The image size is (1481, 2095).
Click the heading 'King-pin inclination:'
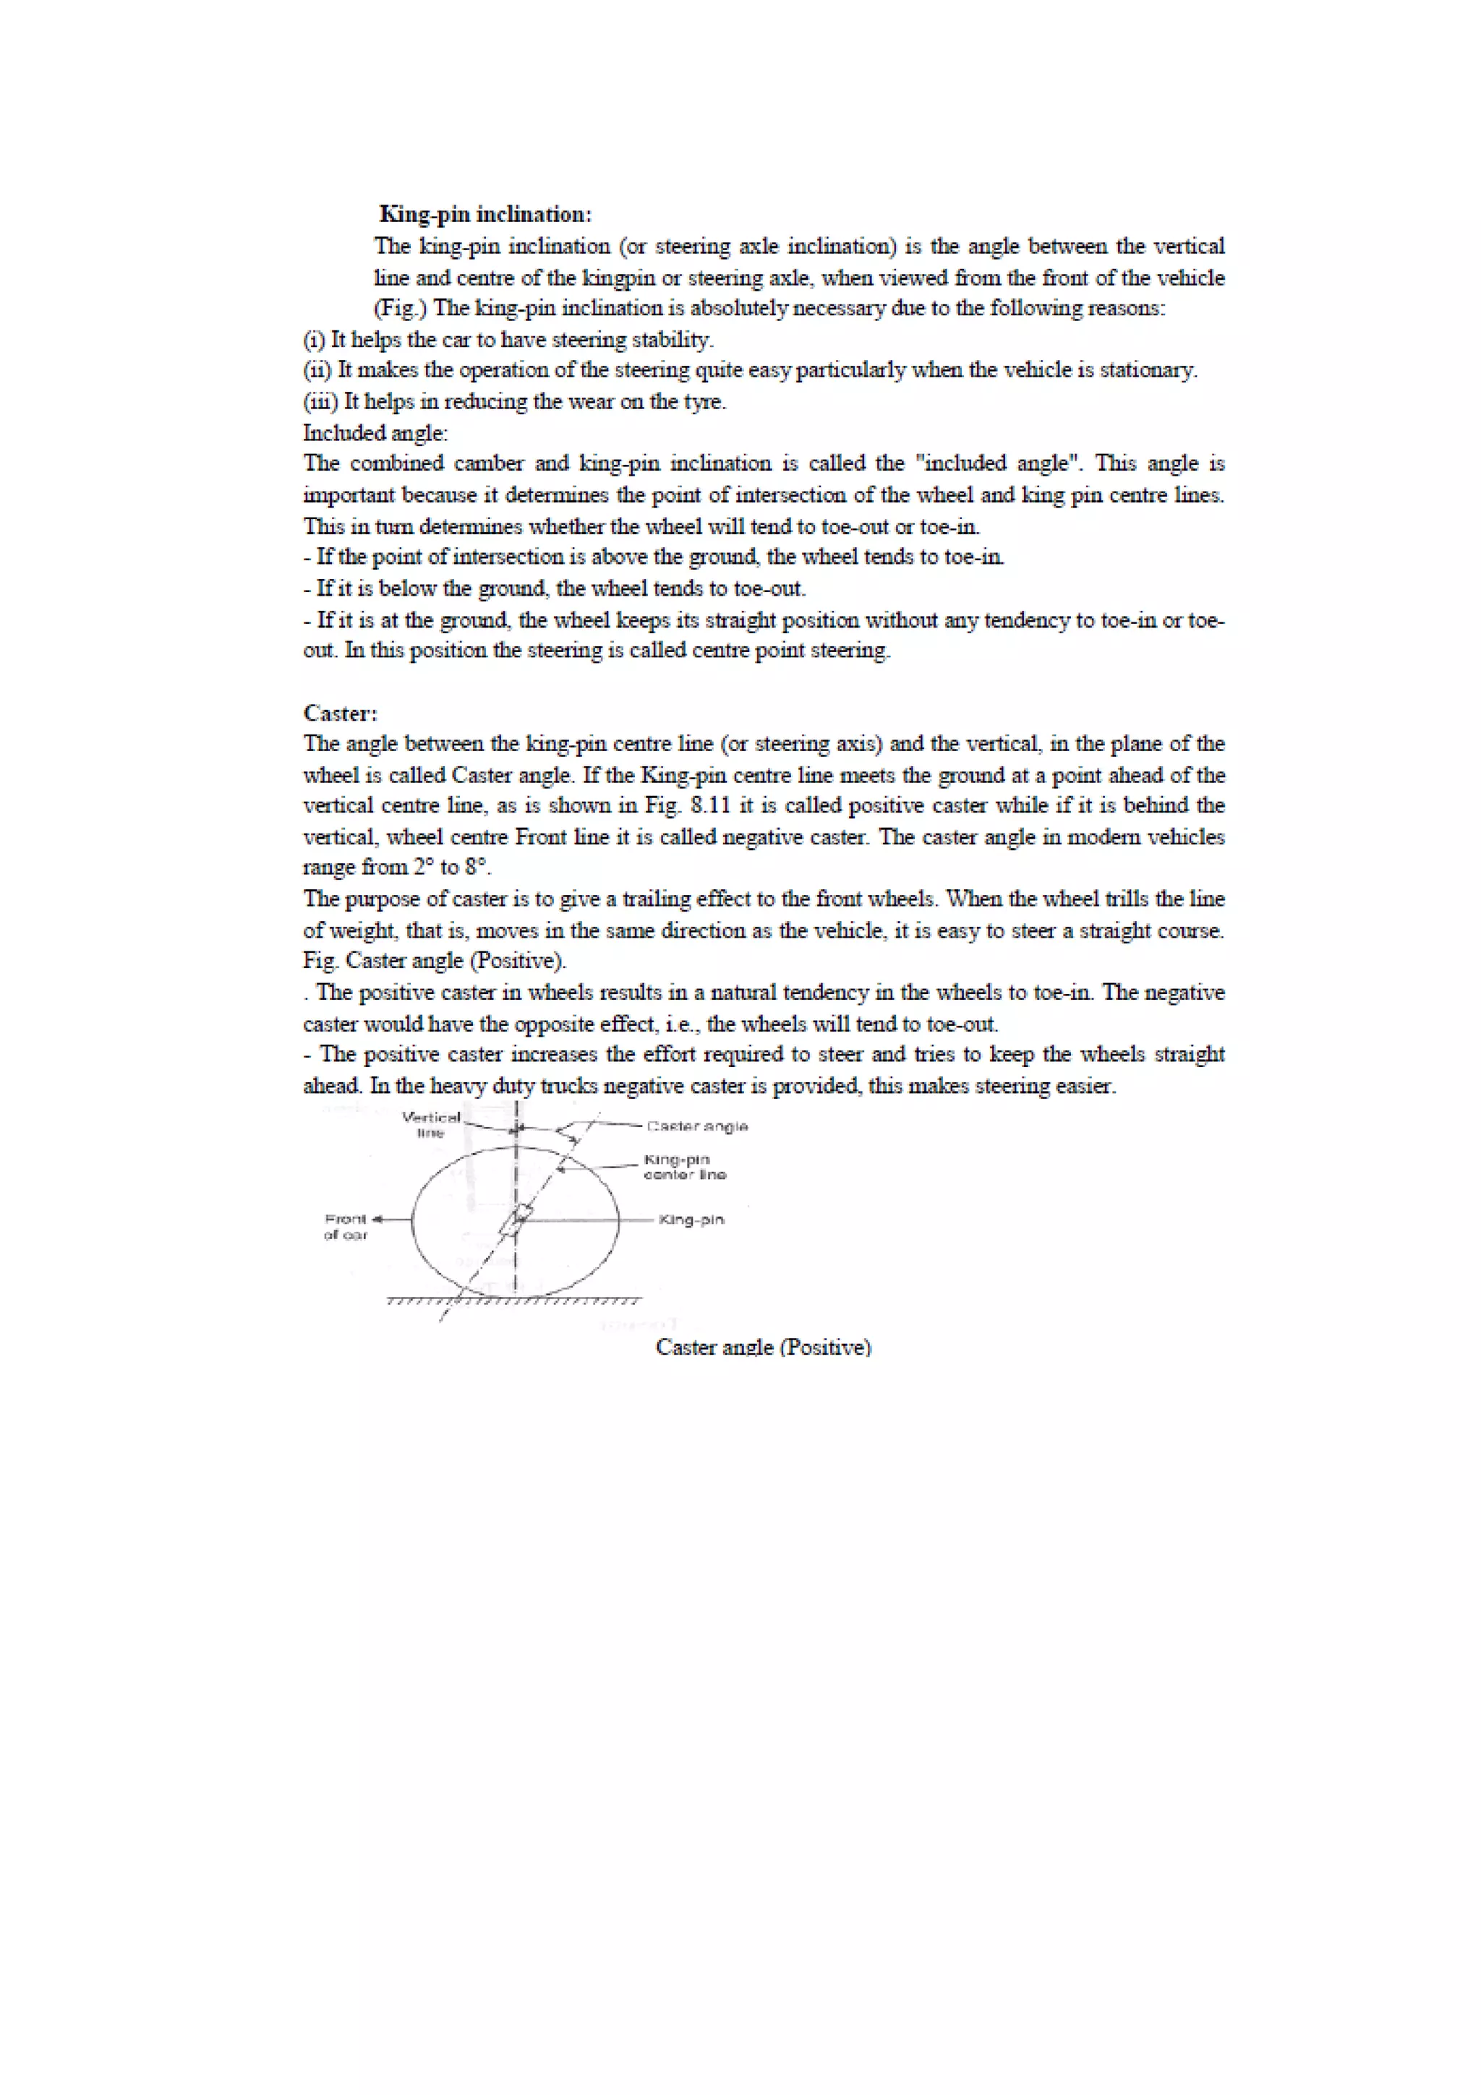485,215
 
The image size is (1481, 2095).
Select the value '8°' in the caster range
477,867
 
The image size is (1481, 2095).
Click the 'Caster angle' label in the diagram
697,1126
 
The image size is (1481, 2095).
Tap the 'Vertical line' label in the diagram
431,1124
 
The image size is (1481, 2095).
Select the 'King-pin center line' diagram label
684,1167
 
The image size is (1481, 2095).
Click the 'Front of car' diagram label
345,1226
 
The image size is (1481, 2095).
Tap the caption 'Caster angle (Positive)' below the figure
763,1348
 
